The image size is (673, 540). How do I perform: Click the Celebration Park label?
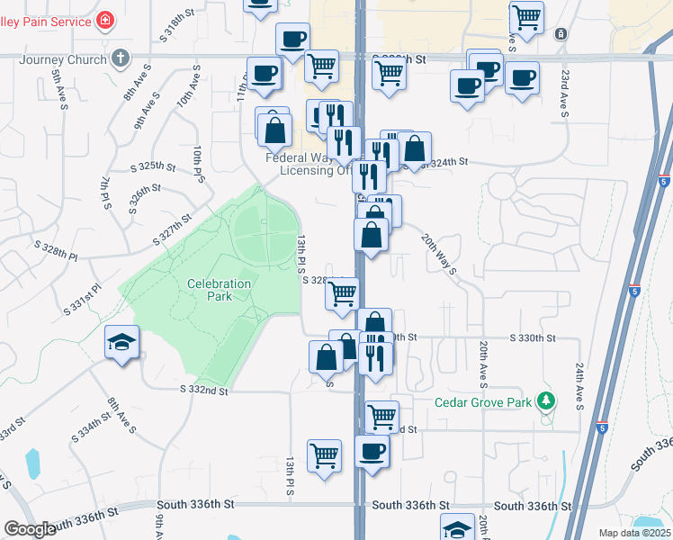[219, 290]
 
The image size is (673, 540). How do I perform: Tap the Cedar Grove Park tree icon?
[544, 400]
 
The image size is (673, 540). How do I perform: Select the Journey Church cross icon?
[121, 60]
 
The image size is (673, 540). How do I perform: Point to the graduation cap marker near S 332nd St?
[121, 343]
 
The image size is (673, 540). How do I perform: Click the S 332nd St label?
[204, 390]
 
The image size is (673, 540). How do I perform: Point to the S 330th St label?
[533, 337]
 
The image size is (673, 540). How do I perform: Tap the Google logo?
[30, 529]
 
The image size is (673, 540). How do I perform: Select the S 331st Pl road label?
[81, 297]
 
